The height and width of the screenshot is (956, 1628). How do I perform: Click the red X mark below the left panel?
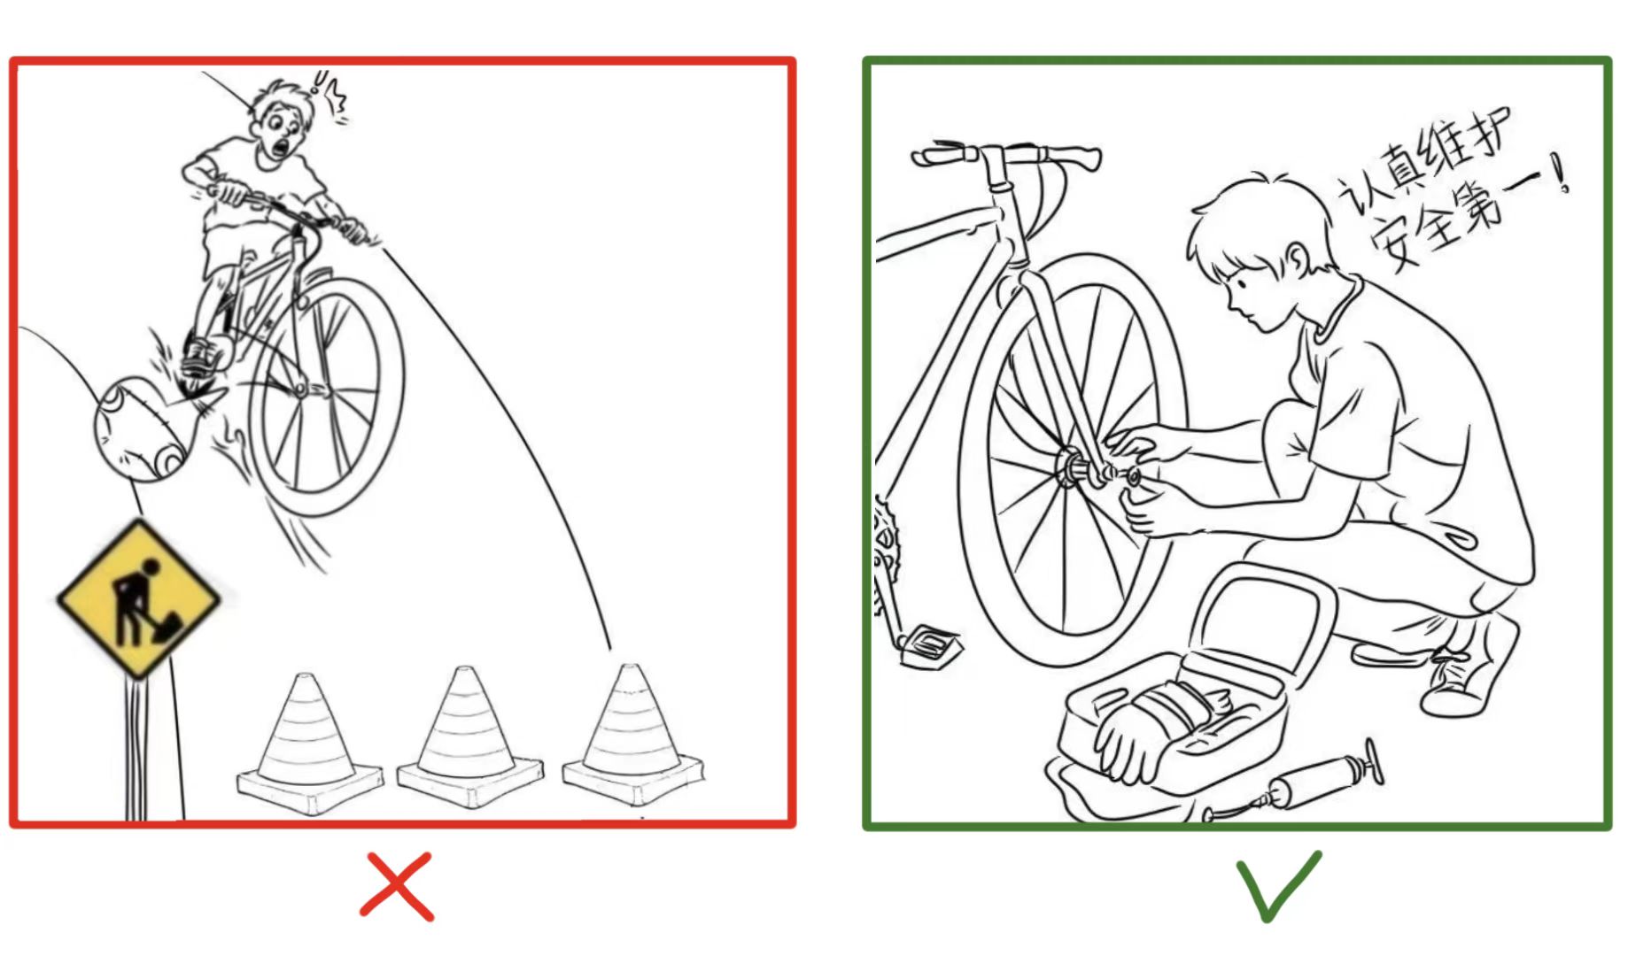[x=397, y=886]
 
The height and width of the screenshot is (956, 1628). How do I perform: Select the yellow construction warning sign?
[x=138, y=598]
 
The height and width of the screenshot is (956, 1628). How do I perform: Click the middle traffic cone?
[x=469, y=740]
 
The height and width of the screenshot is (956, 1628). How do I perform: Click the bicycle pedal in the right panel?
[x=930, y=643]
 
